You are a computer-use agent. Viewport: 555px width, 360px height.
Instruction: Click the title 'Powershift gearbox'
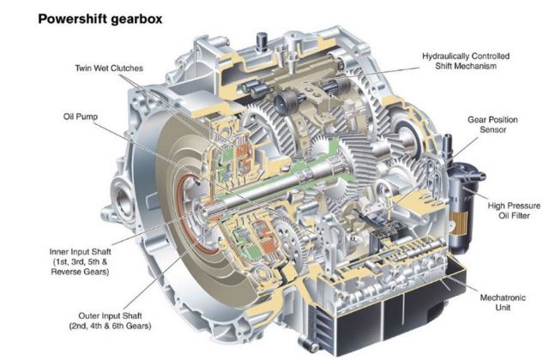(x=100, y=19)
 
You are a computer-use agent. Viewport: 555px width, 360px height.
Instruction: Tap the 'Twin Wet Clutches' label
(x=109, y=69)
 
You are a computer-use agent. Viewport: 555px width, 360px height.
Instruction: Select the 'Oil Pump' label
(x=81, y=117)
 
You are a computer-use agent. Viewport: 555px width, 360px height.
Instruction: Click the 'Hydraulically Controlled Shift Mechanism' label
(x=466, y=61)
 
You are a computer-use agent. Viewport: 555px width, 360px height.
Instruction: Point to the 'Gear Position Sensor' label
(x=492, y=124)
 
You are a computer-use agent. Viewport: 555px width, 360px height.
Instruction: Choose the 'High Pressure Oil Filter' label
(x=514, y=210)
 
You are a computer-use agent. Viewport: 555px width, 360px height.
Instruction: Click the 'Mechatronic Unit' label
(x=503, y=303)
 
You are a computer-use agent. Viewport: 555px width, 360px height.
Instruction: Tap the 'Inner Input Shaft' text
(x=81, y=252)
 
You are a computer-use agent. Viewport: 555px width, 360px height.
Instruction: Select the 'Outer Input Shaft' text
(x=110, y=315)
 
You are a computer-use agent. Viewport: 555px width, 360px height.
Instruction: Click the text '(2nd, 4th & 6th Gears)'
(x=110, y=326)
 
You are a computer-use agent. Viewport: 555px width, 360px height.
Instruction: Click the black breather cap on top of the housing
(x=262, y=41)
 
